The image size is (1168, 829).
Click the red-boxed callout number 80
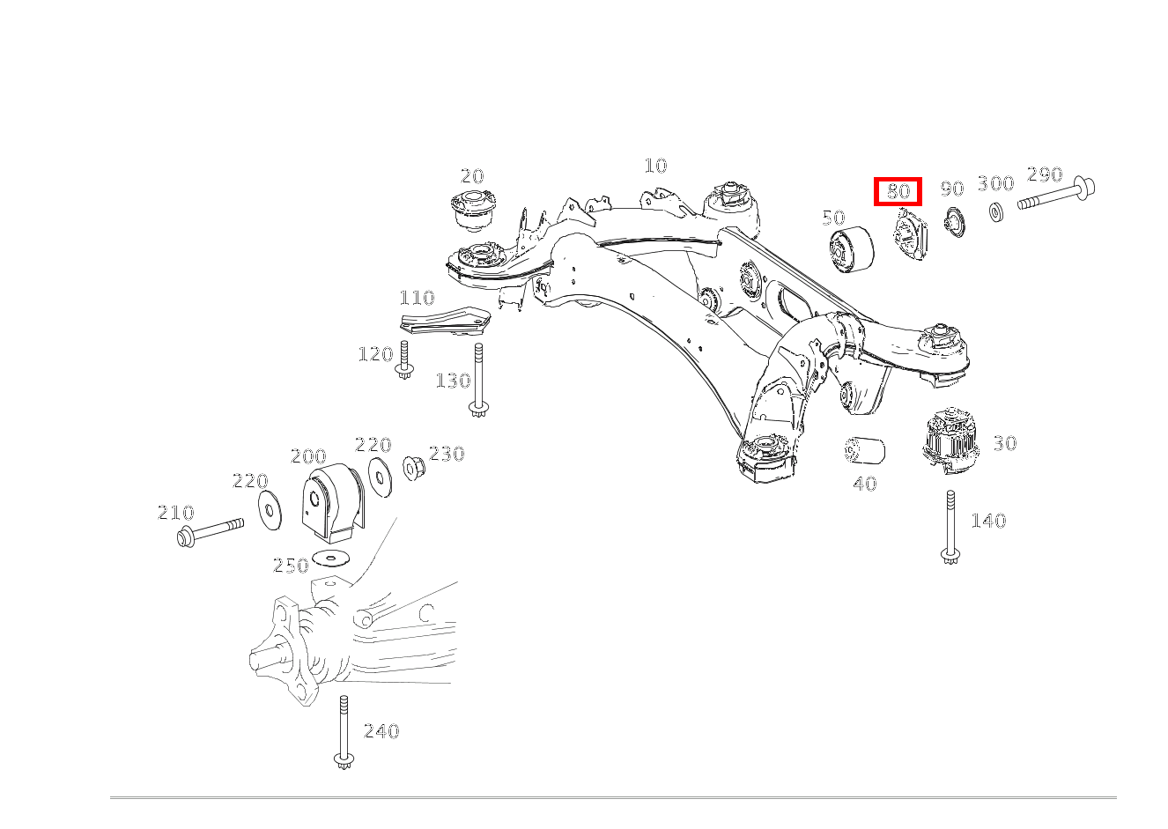pos(897,191)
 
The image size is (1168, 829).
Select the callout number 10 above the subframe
pos(655,166)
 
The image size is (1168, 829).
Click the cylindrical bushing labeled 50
pos(851,249)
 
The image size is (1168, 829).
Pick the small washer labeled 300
pos(997,212)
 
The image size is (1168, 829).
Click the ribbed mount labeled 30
pos(950,440)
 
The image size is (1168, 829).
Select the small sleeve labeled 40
pos(864,450)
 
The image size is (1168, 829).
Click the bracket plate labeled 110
pos(444,321)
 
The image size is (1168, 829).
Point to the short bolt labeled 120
pos(403,361)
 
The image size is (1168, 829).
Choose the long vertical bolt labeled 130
pos(478,380)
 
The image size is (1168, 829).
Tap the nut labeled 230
pos(411,467)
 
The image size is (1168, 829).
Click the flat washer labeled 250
pos(331,558)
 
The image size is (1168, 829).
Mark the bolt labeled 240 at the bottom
pos(343,732)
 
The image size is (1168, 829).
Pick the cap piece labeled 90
pos(952,222)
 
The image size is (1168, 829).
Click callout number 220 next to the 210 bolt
pos(250,481)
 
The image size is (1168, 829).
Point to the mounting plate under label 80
pos(910,236)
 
